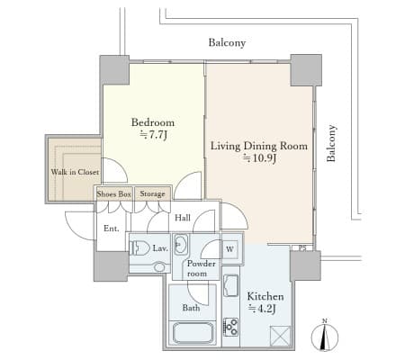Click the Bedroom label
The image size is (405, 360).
coord(153,122)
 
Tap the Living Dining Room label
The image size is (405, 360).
coord(259,146)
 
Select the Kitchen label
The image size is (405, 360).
coord(265,296)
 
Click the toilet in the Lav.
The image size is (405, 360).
coord(140,248)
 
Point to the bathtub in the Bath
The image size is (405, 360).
coord(193,332)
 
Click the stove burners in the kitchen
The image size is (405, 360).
coord(231,327)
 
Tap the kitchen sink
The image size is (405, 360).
coord(231,285)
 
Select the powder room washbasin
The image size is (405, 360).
coord(181,245)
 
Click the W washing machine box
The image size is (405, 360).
coord(230,249)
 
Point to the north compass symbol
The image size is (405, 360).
coord(325,336)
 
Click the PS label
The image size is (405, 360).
coord(302,248)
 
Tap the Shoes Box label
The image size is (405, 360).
coord(113,193)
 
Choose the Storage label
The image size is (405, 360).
coord(152,193)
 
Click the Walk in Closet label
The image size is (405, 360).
coord(75,172)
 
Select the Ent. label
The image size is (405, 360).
coord(112,229)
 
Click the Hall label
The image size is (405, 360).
coord(183,218)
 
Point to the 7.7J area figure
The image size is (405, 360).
coord(153,135)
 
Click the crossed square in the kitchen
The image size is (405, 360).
coord(280,337)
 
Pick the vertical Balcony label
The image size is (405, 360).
coord(331,143)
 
